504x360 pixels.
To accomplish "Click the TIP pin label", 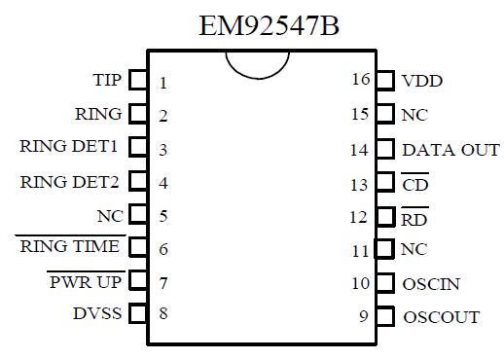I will pyautogui.click(x=107, y=80).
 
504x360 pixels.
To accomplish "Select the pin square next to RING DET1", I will pyautogui.click(x=139, y=148).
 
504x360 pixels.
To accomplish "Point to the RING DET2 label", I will pyautogui.click(x=72, y=182).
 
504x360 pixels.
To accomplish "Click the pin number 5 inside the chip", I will pyautogui.click(x=163, y=216).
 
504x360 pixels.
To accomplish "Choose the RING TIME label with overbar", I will pyautogui.click(x=70, y=247).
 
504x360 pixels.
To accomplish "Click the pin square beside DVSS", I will pyautogui.click(x=139, y=314).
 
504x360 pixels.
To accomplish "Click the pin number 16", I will pyautogui.click(x=360, y=80).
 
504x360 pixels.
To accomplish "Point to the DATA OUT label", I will pyautogui.click(x=450, y=150).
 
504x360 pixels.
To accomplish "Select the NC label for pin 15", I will pyautogui.click(x=414, y=115).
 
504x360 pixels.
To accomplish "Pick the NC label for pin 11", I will pyautogui.click(x=414, y=250).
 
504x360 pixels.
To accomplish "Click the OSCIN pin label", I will pyautogui.click(x=430, y=284).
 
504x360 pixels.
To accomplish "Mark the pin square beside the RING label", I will pyautogui.click(x=139, y=114).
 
